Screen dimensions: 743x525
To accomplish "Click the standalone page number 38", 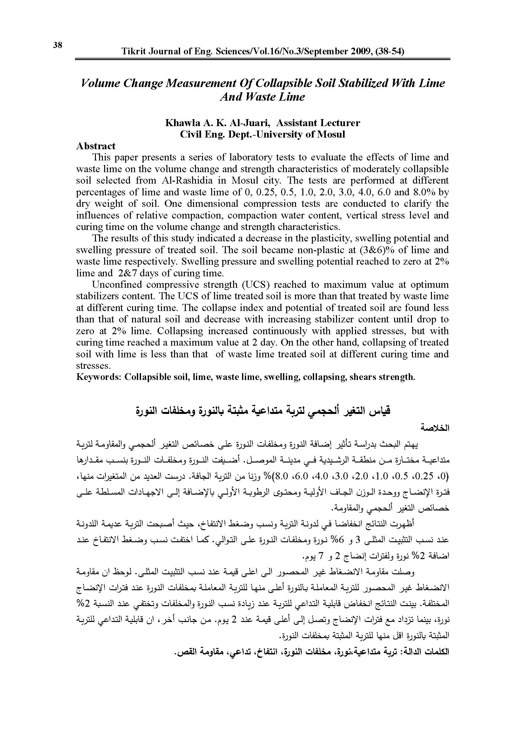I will [x=57, y=45].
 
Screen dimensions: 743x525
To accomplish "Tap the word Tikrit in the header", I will [x=133, y=52].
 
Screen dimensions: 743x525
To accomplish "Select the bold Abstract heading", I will [x=96, y=146].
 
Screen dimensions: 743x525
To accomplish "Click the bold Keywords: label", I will [x=99, y=377].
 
